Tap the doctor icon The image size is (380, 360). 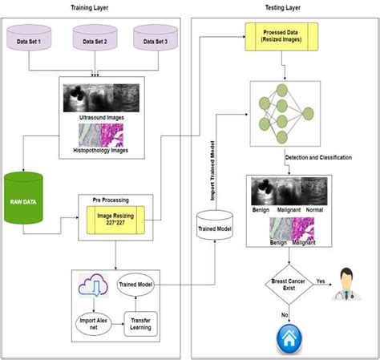pos(348,283)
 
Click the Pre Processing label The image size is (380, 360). pos(112,200)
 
